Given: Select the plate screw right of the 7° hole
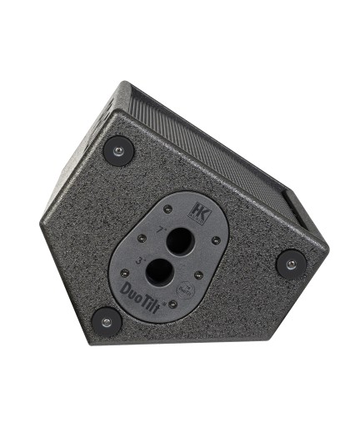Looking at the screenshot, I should click(x=216, y=240).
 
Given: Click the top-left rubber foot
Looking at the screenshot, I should click(x=117, y=151).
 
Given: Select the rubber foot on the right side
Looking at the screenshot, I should click(x=291, y=264).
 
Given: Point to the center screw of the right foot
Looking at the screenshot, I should click(x=291, y=264).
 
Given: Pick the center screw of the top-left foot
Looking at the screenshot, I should click(x=117, y=151).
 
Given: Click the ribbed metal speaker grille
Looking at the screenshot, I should click(x=208, y=142).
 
